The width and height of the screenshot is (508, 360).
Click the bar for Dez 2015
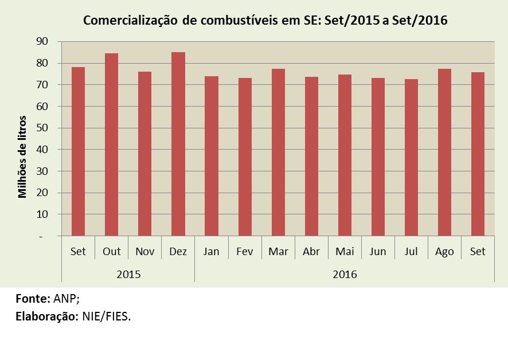click(x=178, y=143)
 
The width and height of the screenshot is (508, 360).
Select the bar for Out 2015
click(x=111, y=144)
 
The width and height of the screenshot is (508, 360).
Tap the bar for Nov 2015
click(x=144, y=153)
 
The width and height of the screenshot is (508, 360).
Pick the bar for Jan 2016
click(x=211, y=155)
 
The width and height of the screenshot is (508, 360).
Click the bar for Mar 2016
click(x=278, y=152)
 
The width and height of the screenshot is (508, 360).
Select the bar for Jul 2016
click(x=411, y=157)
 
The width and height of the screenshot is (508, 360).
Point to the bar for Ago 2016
click(x=444, y=152)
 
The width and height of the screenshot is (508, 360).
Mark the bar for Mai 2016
click(x=345, y=155)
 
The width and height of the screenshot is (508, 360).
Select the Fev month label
click(x=244, y=252)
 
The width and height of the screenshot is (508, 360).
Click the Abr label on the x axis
click(x=311, y=252)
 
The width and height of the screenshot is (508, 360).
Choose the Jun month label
click(x=378, y=252)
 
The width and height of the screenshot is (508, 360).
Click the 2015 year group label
click(x=128, y=274)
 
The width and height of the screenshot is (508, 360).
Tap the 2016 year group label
click(x=345, y=274)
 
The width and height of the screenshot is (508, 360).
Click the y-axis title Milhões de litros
click(x=23, y=156)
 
